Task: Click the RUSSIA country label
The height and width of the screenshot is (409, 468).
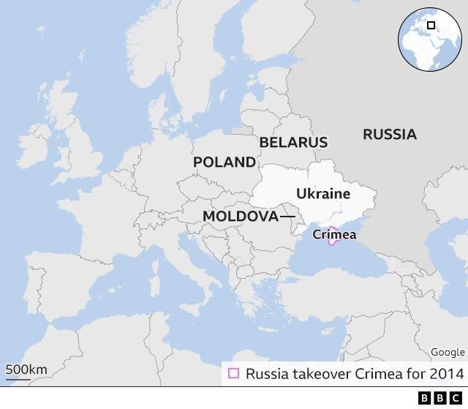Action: click(389, 135)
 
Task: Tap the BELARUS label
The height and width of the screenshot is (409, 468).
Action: click(293, 142)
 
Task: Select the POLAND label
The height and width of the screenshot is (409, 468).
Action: click(224, 162)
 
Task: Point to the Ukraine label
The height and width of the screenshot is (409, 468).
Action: click(323, 194)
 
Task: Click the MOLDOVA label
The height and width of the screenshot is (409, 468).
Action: click(241, 217)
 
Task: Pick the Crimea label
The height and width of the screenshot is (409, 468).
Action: click(334, 235)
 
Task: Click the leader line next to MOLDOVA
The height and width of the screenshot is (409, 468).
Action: click(287, 217)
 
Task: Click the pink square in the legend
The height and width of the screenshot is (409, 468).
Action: click(233, 373)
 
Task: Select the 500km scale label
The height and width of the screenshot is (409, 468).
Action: click(26, 369)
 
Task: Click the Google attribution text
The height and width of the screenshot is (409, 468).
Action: click(447, 353)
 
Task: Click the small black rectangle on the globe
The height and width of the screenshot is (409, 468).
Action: click(431, 26)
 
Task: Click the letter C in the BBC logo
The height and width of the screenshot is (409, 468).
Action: click(457, 398)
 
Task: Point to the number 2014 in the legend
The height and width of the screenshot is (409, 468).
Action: click(448, 374)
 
